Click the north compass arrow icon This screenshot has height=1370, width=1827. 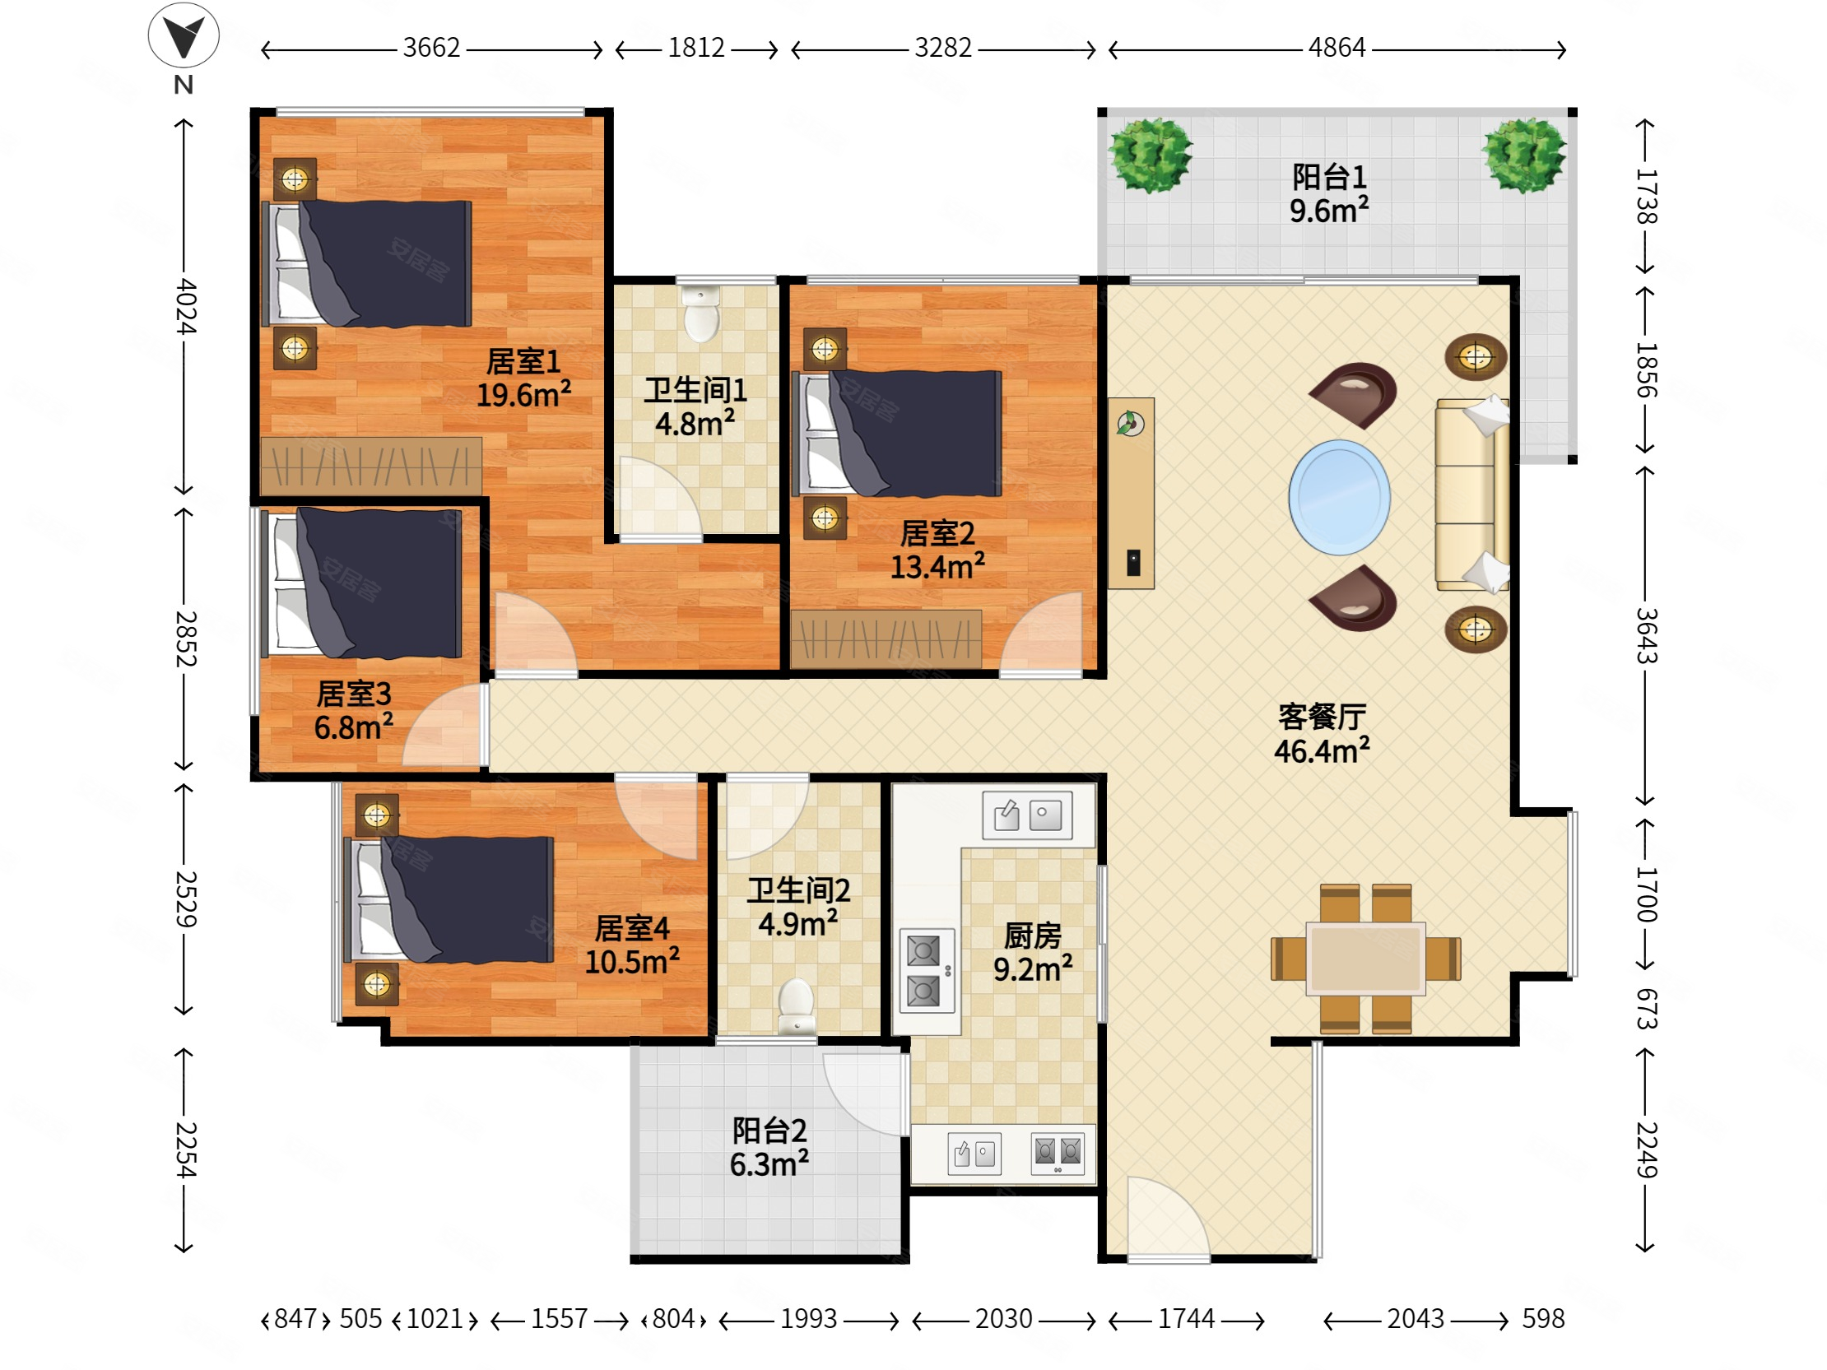pos(184,35)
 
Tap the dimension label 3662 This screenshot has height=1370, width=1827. pos(431,48)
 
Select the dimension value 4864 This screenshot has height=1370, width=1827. pos(1337,48)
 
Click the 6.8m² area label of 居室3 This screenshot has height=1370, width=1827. pos(354,727)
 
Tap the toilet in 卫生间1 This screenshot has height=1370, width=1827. pos(702,314)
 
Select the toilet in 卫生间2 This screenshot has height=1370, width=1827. pos(797,1005)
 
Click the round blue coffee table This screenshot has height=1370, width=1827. pos(1339,497)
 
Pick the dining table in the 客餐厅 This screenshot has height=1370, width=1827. pos(1365,959)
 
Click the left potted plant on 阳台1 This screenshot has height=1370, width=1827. pos(1151,155)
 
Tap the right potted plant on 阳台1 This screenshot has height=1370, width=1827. pos(1524,155)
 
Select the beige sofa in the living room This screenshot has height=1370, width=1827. pos(1472,495)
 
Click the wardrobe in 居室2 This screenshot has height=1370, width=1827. pos(886,639)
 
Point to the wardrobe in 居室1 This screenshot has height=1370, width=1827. pos(371,467)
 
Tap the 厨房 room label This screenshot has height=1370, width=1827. pos(1033,936)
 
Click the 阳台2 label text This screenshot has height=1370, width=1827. pos(769,1130)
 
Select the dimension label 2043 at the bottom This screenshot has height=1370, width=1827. pos(1415,1319)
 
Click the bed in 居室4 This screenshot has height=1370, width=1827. pos(449,899)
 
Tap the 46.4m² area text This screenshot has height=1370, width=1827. pos(1322,750)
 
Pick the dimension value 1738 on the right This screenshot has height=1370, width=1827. pos(1647,196)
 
